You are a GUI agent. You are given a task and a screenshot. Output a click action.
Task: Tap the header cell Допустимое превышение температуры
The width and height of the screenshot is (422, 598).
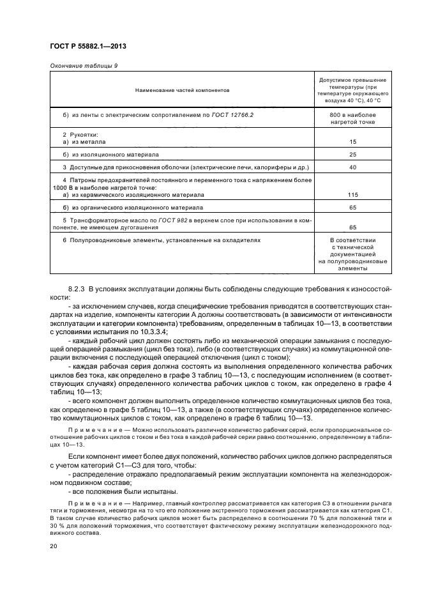coord(352,89)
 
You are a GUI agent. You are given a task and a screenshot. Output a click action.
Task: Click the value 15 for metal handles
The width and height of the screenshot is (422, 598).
coord(352,142)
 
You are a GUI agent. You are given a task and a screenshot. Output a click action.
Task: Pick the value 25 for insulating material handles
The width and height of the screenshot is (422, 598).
coord(352,155)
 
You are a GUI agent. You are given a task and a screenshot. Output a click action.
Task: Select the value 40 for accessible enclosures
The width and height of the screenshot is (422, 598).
coord(352,167)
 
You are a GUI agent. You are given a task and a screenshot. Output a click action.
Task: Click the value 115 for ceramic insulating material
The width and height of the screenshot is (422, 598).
coord(352,194)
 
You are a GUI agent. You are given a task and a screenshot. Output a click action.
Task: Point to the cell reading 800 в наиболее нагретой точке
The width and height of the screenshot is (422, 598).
coord(352,118)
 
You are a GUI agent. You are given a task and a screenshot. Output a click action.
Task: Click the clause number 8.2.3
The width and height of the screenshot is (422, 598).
coord(78,289)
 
